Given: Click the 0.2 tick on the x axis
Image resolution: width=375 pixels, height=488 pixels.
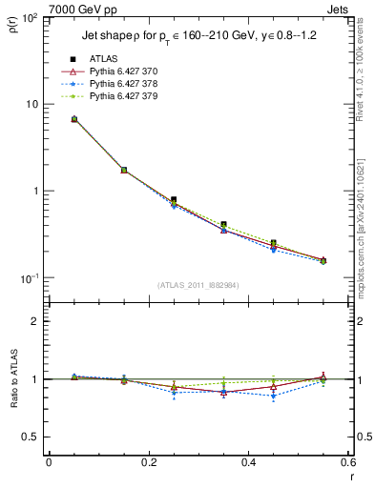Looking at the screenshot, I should coord(149,462).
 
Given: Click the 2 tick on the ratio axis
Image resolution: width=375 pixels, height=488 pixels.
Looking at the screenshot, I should coord(33,321).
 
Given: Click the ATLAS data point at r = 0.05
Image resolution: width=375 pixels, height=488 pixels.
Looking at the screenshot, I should coord(73,119).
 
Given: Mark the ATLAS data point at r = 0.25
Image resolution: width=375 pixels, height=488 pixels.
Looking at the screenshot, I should coord(174,200).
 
